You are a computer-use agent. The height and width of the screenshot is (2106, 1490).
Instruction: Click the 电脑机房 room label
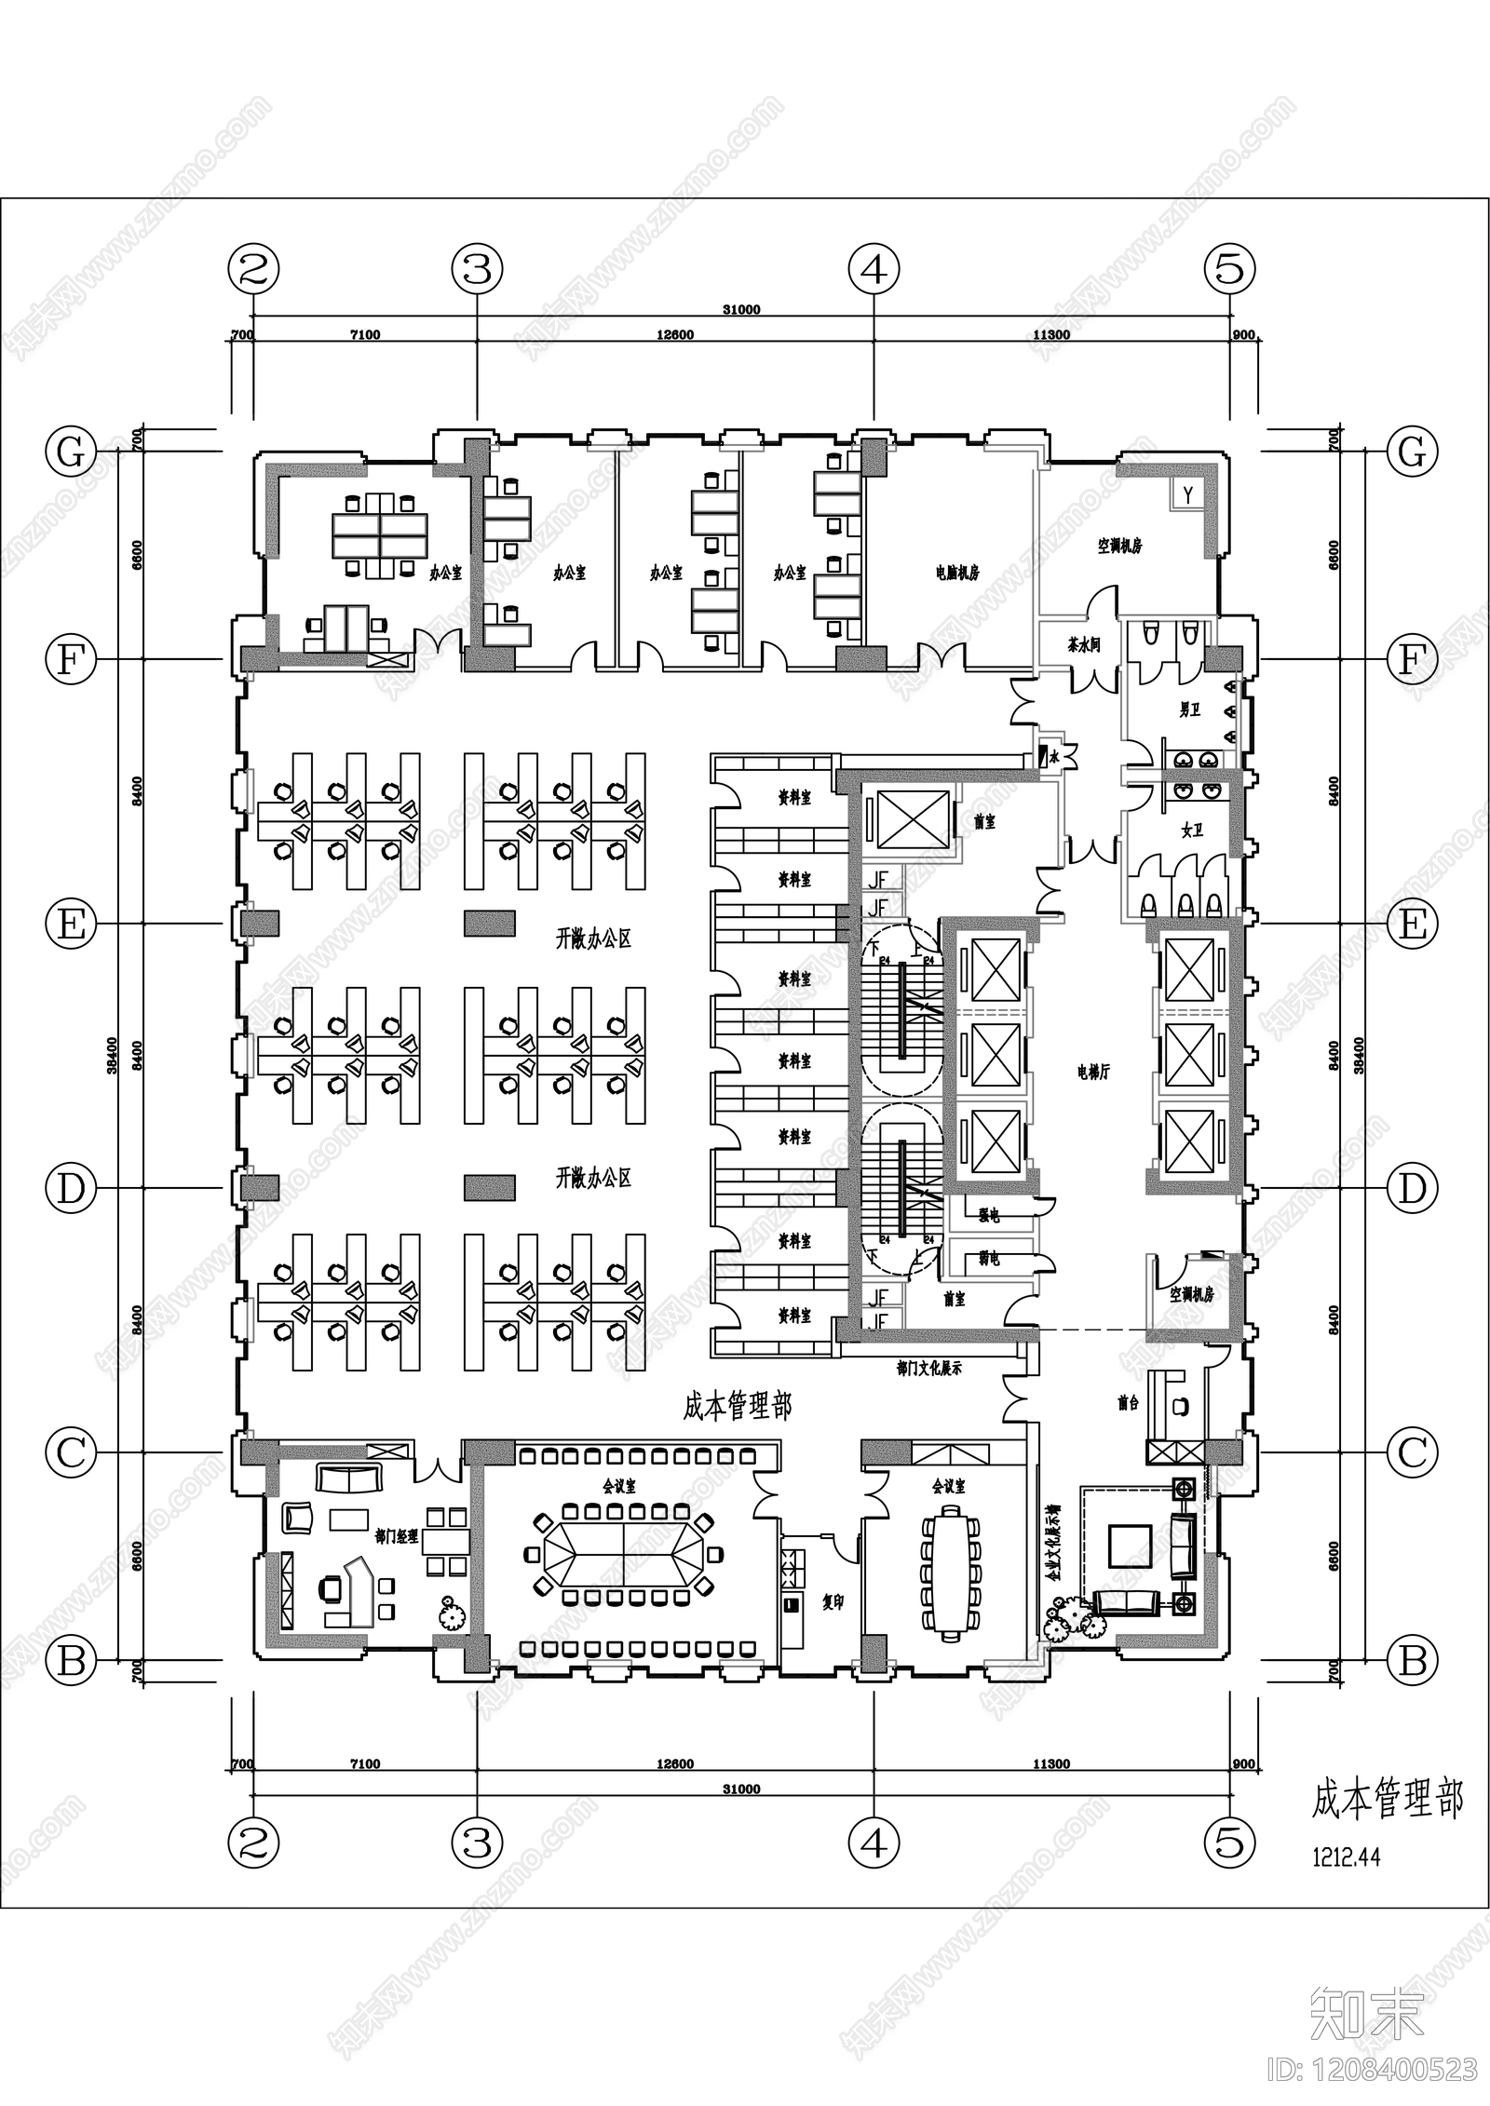coord(957,574)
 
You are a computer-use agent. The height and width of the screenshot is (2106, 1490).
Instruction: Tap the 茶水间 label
coord(1084,644)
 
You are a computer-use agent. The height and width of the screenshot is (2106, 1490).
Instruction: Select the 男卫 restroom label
coord(1189,710)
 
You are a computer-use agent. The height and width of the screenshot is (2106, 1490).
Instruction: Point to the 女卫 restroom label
coord(1192,830)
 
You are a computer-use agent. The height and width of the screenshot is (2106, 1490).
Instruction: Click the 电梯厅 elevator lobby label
coord(1093,1073)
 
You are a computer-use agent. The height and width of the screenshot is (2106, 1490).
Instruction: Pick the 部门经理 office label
coord(396,1536)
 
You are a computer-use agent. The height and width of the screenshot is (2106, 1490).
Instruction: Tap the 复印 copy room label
coord(833,1604)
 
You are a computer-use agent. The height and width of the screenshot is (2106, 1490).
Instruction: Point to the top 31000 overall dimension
coord(741,310)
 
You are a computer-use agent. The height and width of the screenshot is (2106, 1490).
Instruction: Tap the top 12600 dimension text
coord(675,335)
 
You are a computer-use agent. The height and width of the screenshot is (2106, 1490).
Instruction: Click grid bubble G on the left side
coord(71,452)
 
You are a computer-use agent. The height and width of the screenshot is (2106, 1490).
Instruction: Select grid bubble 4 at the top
coord(874,270)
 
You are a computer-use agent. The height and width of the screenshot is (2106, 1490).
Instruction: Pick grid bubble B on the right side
coord(1413,1660)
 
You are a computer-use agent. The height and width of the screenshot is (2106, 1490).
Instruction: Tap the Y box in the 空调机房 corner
coord(1188,494)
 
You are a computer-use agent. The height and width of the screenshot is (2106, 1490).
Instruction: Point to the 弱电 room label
coord(988,1260)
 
